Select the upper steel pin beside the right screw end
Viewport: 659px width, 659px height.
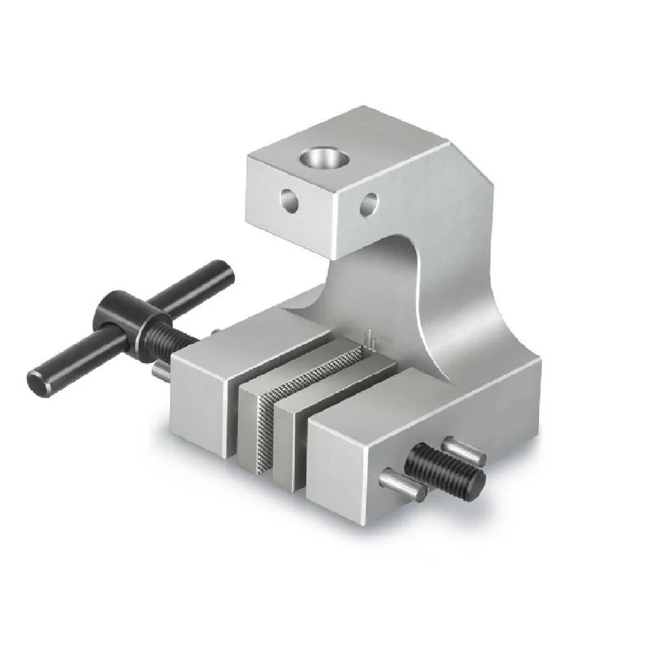(465, 450)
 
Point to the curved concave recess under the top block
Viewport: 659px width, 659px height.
(389, 277)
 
